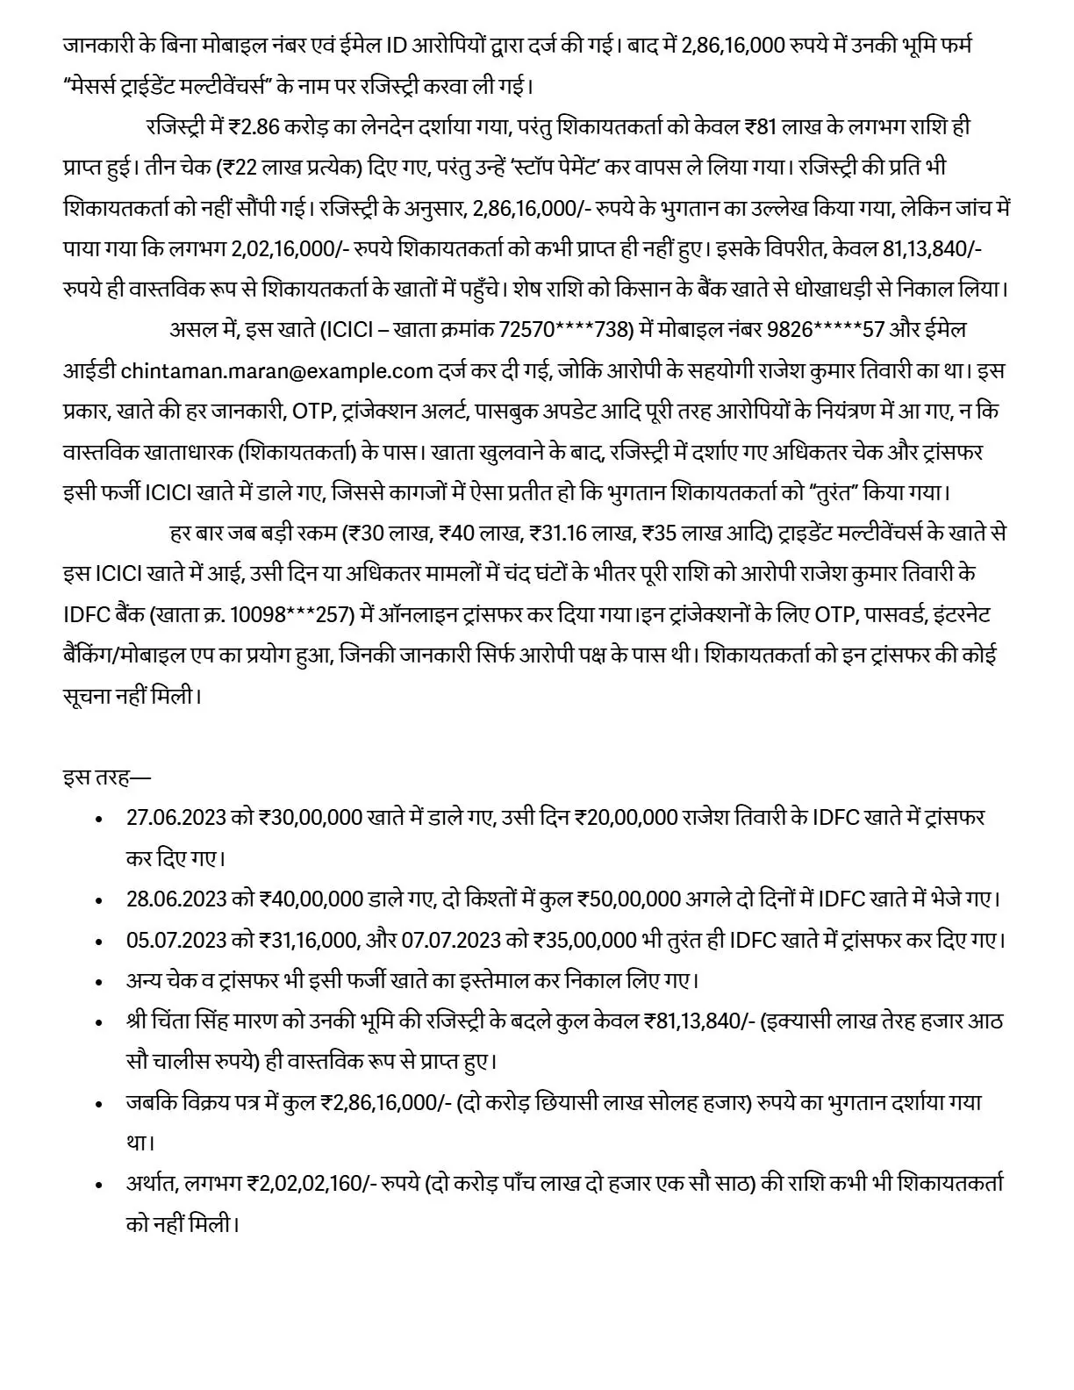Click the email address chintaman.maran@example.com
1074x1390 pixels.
pyautogui.click(x=276, y=370)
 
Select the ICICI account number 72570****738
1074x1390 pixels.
pyautogui.click(x=566, y=330)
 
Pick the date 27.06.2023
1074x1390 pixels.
pyautogui.click(x=176, y=817)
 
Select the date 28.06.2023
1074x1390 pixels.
pyautogui.click(x=176, y=899)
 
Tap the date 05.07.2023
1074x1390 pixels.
pyautogui.click(x=176, y=940)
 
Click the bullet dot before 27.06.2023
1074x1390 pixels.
pyautogui.click(x=100, y=819)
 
